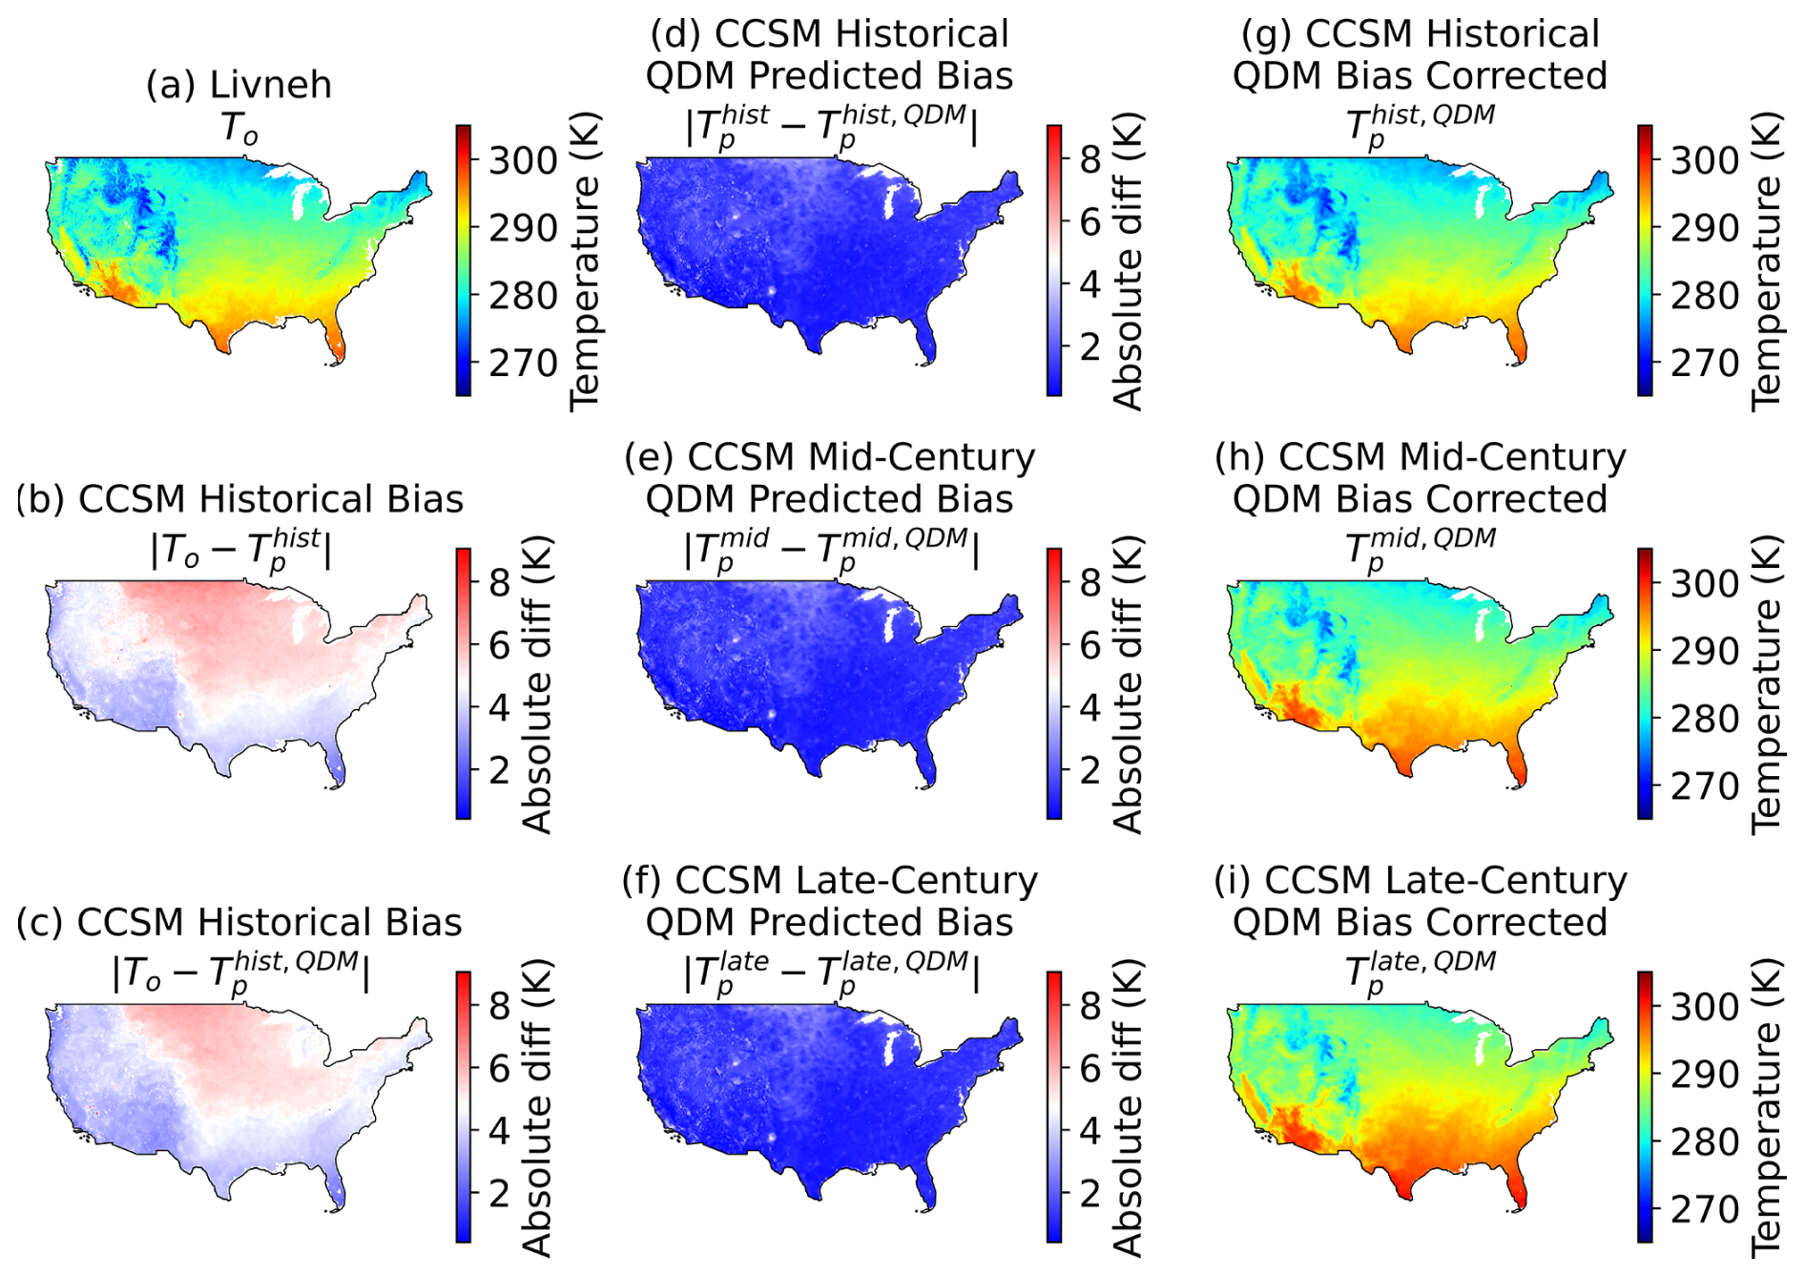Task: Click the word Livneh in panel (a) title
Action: pyautogui.click(x=271, y=85)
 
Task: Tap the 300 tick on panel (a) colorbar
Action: pyautogui.click(x=523, y=160)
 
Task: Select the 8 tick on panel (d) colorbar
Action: pyautogui.click(x=1089, y=160)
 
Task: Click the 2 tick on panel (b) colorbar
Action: pyautogui.click(x=499, y=769)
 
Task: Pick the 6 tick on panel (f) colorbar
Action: pyautogui.click(x=1089, y=1068)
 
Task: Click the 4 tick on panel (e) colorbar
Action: pyautogui.click(x=1089, y=707)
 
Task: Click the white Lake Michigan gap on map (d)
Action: pyautogui.click(x=893, y=201)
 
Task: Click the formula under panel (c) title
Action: pyautogui.click(x=240, y=973)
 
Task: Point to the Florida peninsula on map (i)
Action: pyautogui.click(x=1517, y=1187)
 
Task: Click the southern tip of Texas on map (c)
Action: pyautogui.click(x=227, y=1196)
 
